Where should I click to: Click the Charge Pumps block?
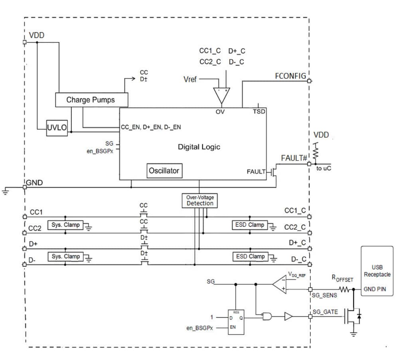pyautogui.click(x=91, y=100)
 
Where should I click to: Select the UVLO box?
pyautogui.click(x=57, y=128)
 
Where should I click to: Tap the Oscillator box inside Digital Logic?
pyautogui.click(x=164, y=171)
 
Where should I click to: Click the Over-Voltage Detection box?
pyautogui.click(x=200, y=200)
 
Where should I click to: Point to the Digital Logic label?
pyautogui.click(x=199, y=147)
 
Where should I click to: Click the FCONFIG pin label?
pyautogui.click(x=290, y=76)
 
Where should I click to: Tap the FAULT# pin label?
pyautogui.click(x=294, y=158)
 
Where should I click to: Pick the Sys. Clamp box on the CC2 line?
pyautogui.click(x=65, y=225)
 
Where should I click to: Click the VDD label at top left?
pyautogui.click(x=37, y=35)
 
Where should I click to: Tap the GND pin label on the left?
pyautogui.click(x=34, y=183)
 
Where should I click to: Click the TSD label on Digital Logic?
pyautogui.click(x=259, y=112)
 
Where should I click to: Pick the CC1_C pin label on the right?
pyautogui.click(x=294, y=210)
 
